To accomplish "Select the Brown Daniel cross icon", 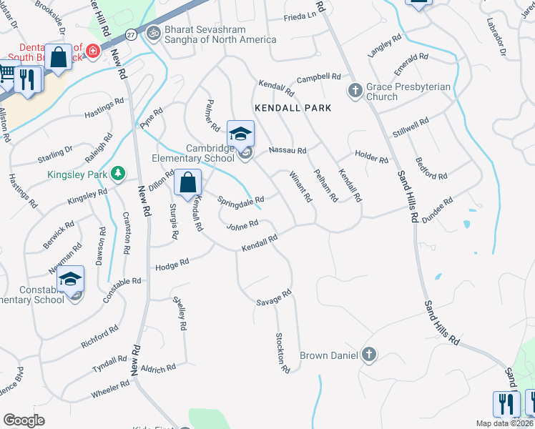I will pyautogui.click(x=368, y=354).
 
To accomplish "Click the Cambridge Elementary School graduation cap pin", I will pyautogui.click(x=241, y=134).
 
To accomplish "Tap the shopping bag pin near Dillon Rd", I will pyautogui.click(x=187, y=182).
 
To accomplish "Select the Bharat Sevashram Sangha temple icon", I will pyautogui.click(x=152, y=32).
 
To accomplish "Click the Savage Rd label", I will pyautogui.click(x=274, y=298).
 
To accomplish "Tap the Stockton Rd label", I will pyautogui.click(x=283, y=353).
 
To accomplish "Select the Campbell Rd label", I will pyautogui.click(x=318, y=77).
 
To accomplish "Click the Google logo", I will pyautogui.click(x=24, y=420).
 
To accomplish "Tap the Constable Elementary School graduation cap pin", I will pyautogui.click(x=71, y=280).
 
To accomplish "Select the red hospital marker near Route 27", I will pyautogui.click(x=92, y=51).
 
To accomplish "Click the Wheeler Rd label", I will pyautogui.click(x=109, y=390).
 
